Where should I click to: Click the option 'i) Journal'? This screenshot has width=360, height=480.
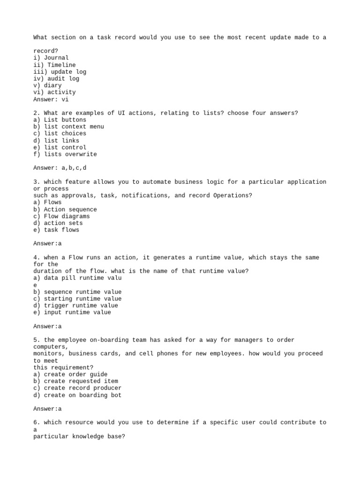click(x=51, y=58)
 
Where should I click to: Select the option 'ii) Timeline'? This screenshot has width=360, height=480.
click(x=54, y=65)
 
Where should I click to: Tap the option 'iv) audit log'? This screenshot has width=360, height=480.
click(x=56, y=79)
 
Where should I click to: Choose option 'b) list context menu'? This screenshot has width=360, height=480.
click(x=68, y=127)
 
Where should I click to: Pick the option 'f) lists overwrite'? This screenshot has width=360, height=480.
click(x=65, y=154)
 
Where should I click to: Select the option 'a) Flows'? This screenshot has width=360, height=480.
click(x=47, y=202)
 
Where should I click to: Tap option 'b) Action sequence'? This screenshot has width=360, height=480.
click(x=65, y=210)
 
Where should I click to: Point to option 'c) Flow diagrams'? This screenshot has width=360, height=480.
click(x=61, y=217)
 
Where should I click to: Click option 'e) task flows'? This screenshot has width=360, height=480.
click(x=56, y=230)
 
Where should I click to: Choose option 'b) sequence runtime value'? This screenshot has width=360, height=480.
click(x=77, y=292)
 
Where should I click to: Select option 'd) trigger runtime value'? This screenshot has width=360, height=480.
click(x=75, y=306)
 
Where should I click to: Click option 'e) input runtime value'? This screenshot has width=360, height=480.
click(x=72, y=313)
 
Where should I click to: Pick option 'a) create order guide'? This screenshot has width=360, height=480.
click(x=70, y=375)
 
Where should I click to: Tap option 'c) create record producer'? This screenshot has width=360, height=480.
click(x=77, y=388)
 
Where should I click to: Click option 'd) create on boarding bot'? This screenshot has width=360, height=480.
click(x=77, y=395)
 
